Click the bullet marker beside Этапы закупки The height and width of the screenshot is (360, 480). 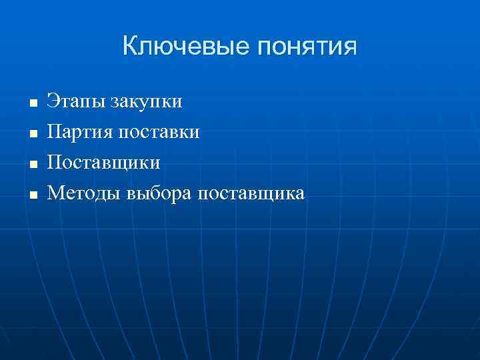point(31,104)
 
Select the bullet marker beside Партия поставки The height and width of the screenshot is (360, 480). point(31,134)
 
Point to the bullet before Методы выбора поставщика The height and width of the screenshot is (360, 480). point(31,195)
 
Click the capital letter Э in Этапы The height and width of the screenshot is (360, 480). point(51,102)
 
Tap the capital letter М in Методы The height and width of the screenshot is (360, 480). point(55,193)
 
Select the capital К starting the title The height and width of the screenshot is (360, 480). point(131,46)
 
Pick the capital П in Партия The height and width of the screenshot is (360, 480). point(53,132)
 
